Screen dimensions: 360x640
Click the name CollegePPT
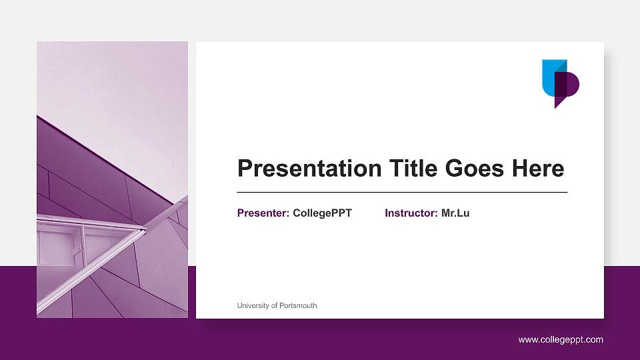click(x=322, y=213)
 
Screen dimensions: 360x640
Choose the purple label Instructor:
click(x=411, y=213)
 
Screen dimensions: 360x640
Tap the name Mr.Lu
click(x=455, y=213)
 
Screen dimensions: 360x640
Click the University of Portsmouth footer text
click(x=277, y=306)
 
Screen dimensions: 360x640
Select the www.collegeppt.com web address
click(x=561, y=340)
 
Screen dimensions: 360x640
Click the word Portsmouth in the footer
click(x=297, y=306)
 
